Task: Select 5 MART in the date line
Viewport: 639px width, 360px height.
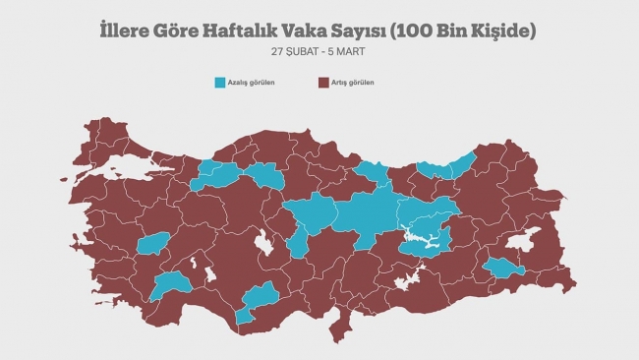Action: point(353,50)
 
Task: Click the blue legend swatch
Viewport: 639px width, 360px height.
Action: point(220,83)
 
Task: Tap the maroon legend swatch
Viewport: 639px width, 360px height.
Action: point(324,83)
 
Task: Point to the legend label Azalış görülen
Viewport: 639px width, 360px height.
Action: point(253,83)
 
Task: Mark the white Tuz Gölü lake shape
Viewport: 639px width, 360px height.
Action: point(262,240)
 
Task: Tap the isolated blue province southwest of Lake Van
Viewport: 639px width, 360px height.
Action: point(503,268)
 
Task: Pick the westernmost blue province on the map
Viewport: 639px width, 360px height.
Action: point(154,244)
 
